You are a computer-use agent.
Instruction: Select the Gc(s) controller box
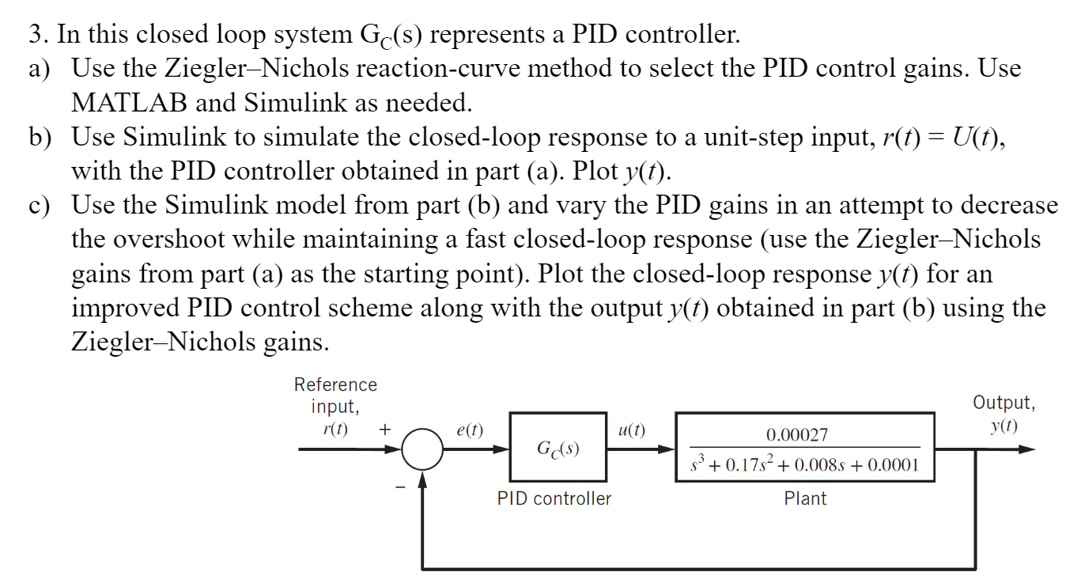point(558,449)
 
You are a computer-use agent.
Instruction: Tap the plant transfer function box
point(803,448)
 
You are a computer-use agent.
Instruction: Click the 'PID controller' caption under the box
point(554,498)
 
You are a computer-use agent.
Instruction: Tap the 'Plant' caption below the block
point(805,498)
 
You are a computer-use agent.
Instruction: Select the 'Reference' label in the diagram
point(335,384)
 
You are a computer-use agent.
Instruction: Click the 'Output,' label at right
point(1004,403)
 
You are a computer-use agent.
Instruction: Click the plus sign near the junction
point(384,430)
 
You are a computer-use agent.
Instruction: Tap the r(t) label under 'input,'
point(336,430)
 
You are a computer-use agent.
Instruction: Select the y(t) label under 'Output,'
point(1004,426)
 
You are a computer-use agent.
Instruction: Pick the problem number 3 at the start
point(35,35)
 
